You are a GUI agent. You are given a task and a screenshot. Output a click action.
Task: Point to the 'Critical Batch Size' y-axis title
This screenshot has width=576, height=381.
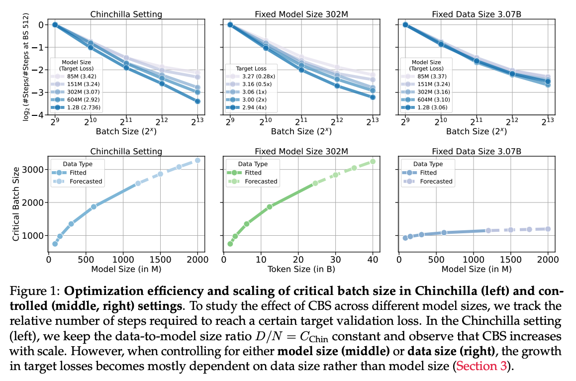click(x=16, y=203)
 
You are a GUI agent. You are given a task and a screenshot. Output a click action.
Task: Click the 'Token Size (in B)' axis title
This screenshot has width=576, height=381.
click(x=297, y=269)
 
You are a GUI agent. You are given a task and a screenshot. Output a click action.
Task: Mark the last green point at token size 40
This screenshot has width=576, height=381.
click(x=373, y=161)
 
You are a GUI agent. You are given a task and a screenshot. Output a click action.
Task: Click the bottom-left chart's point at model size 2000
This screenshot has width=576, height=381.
click(x=197, y=160)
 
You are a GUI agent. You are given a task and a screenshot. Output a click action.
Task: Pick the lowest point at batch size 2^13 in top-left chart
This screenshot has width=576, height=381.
click(x=197, y=101)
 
